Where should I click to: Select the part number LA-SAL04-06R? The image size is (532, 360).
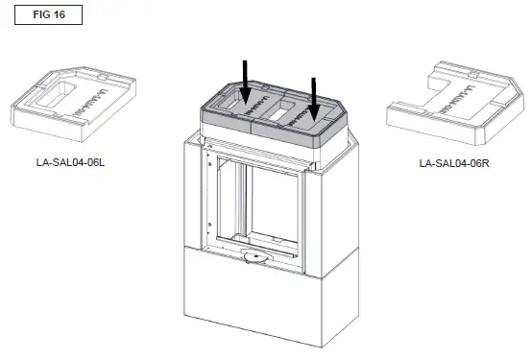[454, 162]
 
